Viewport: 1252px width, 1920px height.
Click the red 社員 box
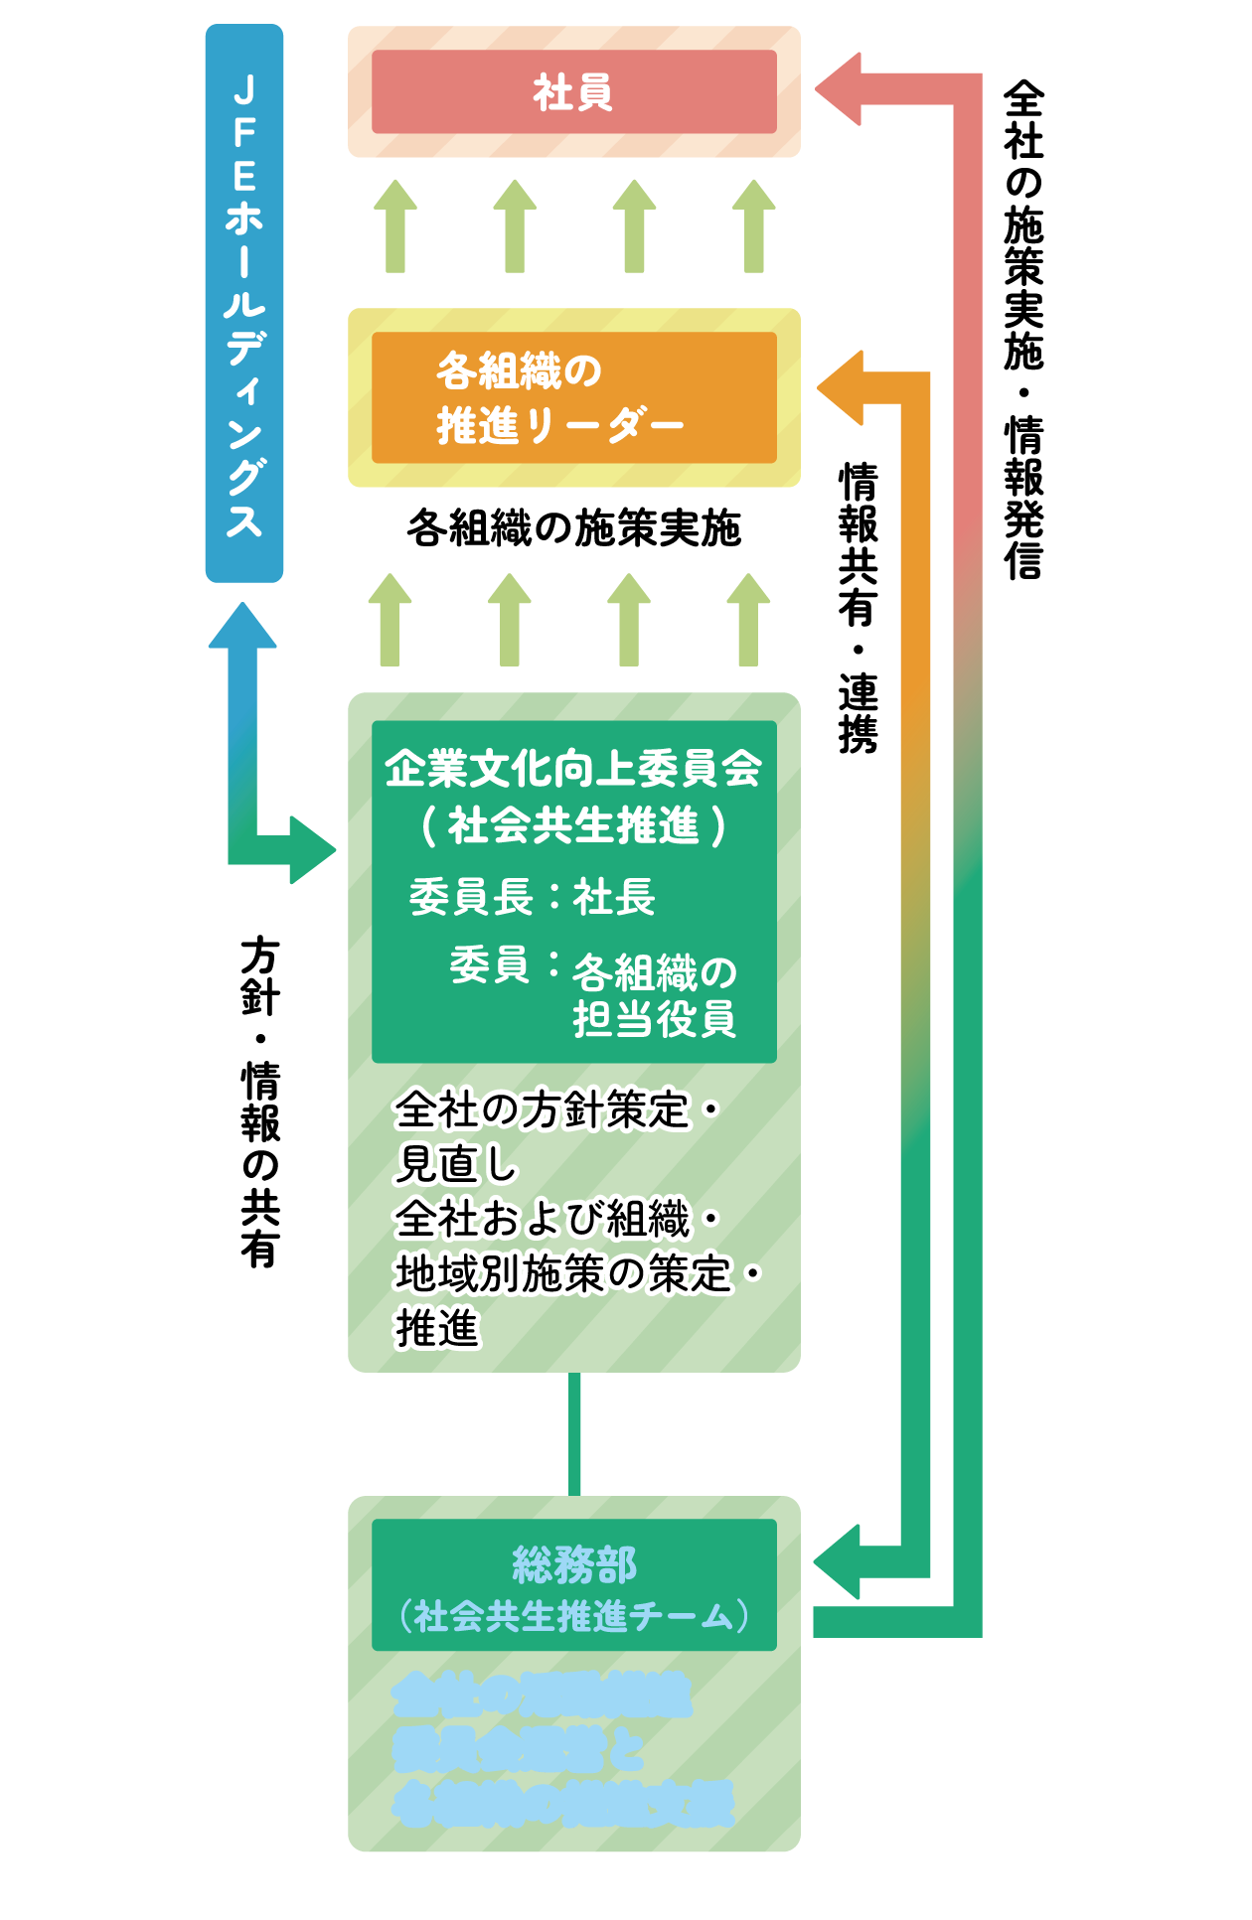click(573, 91)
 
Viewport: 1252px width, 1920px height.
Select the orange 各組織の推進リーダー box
click(573, 397)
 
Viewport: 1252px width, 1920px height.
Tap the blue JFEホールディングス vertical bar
click(244, 303)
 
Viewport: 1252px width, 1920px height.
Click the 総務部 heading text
click(573, 1565)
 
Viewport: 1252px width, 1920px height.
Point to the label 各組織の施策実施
click(573, 528)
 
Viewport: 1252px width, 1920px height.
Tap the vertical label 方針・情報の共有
click(259, 1103)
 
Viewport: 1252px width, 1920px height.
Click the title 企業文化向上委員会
click(573, 768)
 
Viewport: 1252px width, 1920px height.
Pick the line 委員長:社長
click(532, 897)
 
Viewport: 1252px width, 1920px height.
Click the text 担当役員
click(654, 1019)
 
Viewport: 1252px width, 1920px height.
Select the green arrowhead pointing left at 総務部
click(838, 1561)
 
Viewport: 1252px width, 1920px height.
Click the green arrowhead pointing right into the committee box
click(311, 849)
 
